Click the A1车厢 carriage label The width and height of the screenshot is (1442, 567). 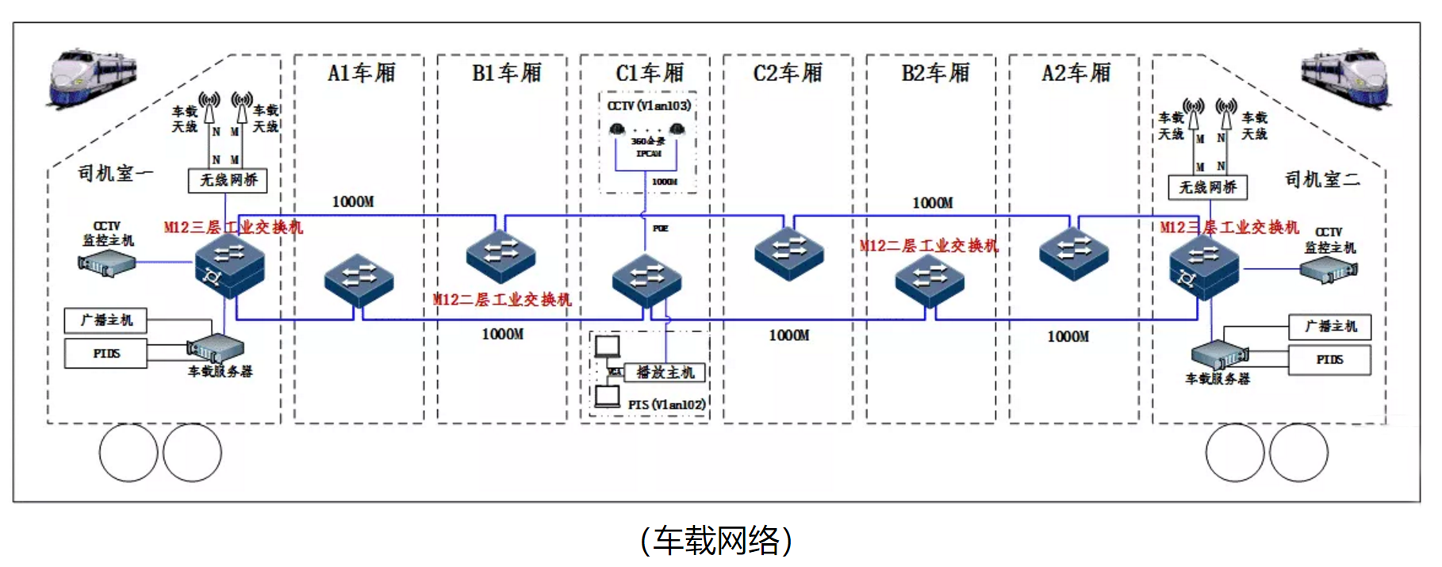pos(361,74)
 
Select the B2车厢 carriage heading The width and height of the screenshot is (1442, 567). pos(935,74)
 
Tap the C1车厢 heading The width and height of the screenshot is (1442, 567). pos(649,74)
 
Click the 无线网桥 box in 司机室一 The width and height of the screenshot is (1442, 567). pos(228,181)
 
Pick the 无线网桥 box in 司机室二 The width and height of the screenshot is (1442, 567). pos(1207,187)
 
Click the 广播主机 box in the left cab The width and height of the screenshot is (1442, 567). pos(105,320)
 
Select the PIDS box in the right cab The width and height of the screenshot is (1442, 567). pos(1329,360)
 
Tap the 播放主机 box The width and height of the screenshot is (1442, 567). pos(665,372)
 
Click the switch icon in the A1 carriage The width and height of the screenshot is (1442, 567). pos(359,279)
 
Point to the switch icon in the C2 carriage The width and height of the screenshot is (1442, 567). pos(788,253)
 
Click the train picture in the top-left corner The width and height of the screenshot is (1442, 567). pos(93,78)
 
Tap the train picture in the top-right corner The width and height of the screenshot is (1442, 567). pos(1345,78)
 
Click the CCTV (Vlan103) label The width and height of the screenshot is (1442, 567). pos(649,105)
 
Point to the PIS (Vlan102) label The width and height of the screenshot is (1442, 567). pos(666,404)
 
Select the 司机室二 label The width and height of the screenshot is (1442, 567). pos(1322,180)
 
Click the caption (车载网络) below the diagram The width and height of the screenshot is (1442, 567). pos(716,541)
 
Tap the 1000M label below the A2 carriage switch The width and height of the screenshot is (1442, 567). pos(1068,336)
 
